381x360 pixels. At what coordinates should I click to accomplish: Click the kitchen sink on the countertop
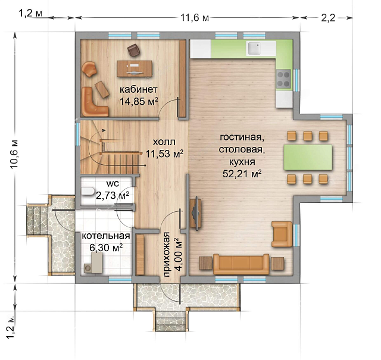(254, 48)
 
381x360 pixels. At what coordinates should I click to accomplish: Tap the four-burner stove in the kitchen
(283, 79)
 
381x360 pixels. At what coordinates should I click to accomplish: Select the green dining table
(308, 158)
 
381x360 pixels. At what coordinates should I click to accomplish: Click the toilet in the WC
(88, 192)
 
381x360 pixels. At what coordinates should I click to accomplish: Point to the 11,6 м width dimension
(195, 18)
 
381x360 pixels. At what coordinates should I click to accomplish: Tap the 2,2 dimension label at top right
(328, 18)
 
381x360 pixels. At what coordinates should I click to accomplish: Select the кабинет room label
(139, 90)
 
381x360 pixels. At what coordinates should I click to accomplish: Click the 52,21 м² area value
(242, 174)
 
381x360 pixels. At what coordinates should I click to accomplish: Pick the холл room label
(164, 142)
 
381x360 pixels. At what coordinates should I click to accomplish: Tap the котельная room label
(106, 236)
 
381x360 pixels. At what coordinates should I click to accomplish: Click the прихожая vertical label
(167, 255)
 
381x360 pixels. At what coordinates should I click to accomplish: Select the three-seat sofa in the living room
(241, 264)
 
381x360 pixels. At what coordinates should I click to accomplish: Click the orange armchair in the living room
(282, 234)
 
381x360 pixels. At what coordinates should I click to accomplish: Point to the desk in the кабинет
(135, 68)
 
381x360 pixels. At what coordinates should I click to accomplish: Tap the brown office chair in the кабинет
(133, 50)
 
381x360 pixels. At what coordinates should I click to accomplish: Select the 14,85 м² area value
(139, 101)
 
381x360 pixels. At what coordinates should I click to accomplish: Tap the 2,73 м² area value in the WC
(113, 195)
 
